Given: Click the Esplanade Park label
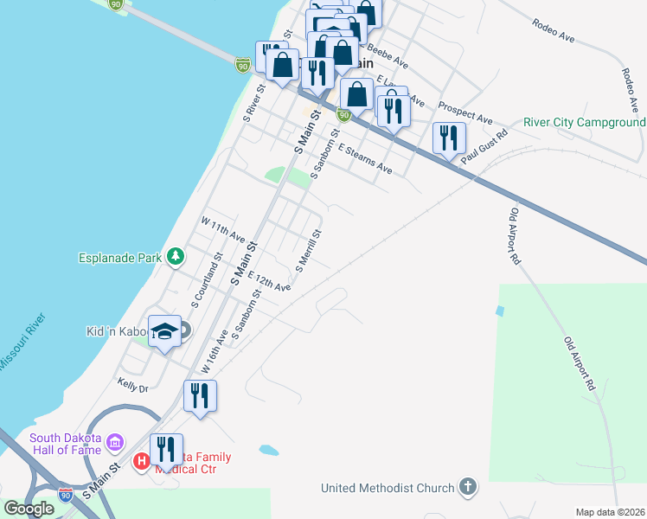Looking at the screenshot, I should (x=121, y=257).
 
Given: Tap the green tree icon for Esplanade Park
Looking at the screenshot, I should (x=176, y=256).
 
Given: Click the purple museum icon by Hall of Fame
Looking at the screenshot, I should (x=115, y=445).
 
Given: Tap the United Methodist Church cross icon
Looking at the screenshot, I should (x=468, y=487).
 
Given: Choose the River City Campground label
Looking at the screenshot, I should (x=585, y=123).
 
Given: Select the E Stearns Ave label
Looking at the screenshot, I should (x=365, y=159).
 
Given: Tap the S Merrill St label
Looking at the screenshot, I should (x=309, y=250).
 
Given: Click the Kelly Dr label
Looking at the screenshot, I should (x=132, y=384).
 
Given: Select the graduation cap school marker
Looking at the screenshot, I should (x=163, y=332).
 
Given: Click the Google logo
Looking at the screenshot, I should (x=29, y=509).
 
